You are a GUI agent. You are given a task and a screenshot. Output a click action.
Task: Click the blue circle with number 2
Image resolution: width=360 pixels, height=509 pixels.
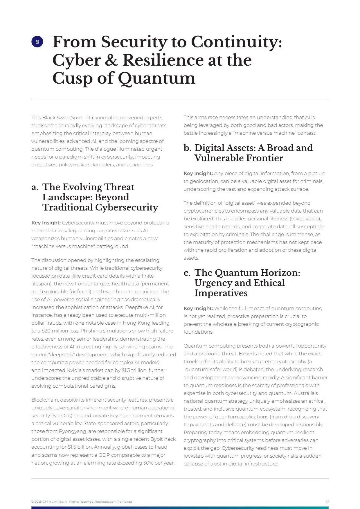[x=37, y=42]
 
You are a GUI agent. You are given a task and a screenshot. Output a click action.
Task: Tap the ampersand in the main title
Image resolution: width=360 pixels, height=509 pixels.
[x=111, y=60]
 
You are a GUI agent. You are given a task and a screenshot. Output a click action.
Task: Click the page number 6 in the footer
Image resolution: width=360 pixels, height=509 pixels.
[x=327, y=501]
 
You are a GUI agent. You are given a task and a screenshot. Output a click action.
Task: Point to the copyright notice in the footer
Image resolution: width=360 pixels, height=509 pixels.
[x=82, y=502]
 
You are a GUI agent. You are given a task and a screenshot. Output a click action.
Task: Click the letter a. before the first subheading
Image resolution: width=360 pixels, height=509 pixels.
[x=35, y=187]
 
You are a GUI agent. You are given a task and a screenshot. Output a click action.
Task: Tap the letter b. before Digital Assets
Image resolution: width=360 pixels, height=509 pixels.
[x=188, y=148]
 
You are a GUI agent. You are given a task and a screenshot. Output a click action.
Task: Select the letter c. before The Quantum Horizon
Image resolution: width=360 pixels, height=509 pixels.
[x=187, y=273]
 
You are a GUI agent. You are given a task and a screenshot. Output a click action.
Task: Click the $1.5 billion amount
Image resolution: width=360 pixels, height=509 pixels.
[x=80, y=447]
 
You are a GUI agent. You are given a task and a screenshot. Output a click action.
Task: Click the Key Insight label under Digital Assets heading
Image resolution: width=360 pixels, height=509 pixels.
[x=198, y=173]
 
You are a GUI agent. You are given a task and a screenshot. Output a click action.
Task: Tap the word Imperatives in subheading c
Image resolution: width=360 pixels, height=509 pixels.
[x=221, y=293]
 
